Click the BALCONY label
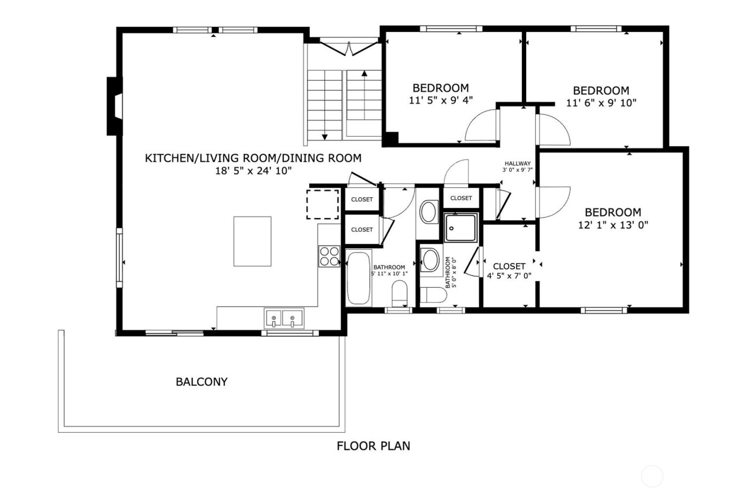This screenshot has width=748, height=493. click(201, 382)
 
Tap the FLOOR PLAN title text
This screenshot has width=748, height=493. click(373, 445)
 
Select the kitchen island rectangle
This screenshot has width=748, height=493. click(252, 241)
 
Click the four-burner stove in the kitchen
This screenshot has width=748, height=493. click(329, 256)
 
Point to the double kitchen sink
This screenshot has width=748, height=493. click(283, 319)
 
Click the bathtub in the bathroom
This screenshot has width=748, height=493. click(358, 278)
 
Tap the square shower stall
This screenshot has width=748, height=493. click(461, 228)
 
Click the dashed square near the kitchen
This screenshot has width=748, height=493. click(322, 204)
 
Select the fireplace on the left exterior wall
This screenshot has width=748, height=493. click(114, 106)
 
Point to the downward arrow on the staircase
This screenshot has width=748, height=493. click(324, 137)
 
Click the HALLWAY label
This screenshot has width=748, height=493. click(517, 164)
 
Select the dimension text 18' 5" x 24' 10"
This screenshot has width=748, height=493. click(253, 171)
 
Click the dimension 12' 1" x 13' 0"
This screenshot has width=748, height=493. click(613, 225)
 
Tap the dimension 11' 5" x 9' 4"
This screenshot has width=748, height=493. click(441, 100)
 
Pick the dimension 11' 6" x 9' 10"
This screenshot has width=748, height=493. click(601, 103)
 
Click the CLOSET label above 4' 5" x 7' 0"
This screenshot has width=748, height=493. click(509, 266)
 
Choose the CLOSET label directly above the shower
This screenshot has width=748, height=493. click(461, 198)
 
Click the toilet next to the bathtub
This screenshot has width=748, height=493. click(399, 294)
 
